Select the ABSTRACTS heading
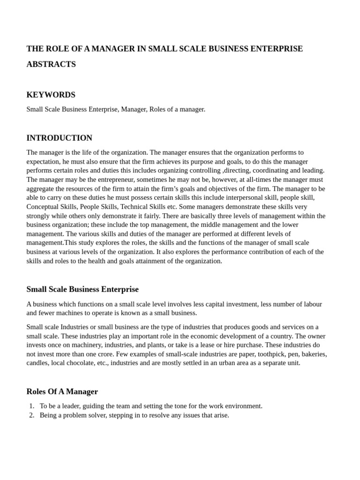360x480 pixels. pos(51,64)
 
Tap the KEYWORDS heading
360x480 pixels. pos(51,95)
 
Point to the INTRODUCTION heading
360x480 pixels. pos(59,138)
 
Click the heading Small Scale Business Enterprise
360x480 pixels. pos(82,289)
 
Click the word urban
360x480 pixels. pos(223,363)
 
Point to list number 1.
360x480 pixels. pos(31,406)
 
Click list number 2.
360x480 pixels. pos(31,415)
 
